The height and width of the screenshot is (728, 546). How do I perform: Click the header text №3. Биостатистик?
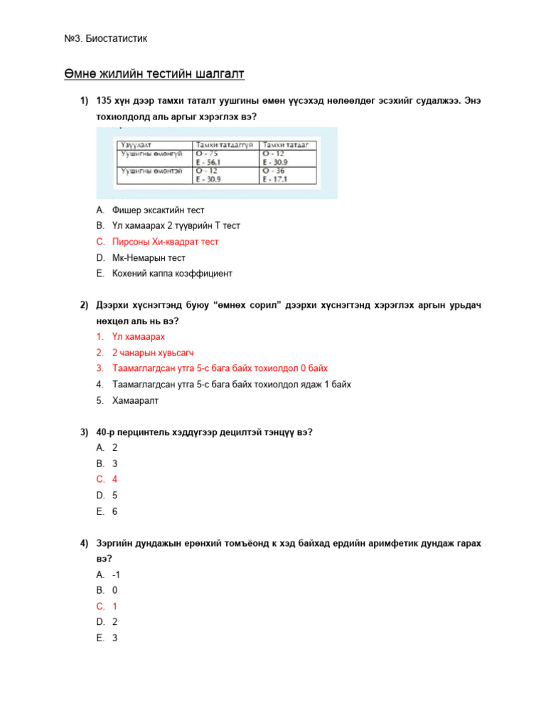[106, 38]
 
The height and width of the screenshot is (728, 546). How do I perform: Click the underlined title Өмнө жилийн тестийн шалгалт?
[154, 75]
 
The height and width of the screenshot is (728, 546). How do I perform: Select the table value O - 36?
[276, 171]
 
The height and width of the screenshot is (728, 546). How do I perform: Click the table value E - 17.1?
[277, 180]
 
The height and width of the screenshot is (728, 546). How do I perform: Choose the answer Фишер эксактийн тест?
[158, 210]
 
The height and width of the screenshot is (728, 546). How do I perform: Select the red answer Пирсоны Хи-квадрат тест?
[165, 242]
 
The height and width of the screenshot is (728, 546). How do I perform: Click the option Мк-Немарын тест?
[149, 257]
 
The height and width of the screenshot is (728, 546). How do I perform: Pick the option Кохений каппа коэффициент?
[172, 273]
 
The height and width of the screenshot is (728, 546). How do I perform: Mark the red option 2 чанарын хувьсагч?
[153, 353]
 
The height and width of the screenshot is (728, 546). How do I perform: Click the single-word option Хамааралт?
[136, 400]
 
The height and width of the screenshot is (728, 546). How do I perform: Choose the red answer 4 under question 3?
[114, 479]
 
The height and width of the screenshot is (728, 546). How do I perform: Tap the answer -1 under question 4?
[116, 574]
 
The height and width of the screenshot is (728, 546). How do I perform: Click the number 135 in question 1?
[105, 100]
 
